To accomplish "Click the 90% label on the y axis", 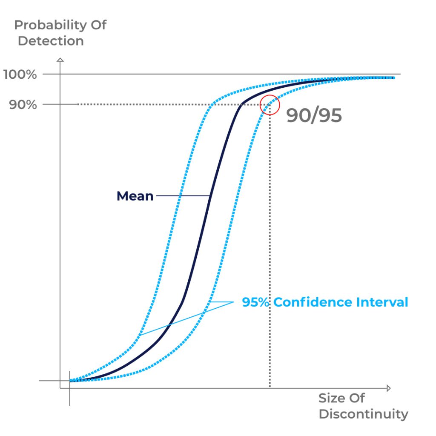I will click(23, 105).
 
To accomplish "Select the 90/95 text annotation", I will click(314, 115).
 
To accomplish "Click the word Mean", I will click(135, 196).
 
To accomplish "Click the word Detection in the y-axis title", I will click(51, 41).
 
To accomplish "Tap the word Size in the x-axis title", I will click(332, 398).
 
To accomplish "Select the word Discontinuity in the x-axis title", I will click(363, 414).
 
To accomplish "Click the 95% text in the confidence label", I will click(256, 302).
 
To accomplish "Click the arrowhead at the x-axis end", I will click(388, 388).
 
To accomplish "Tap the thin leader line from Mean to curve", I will click(182, 196).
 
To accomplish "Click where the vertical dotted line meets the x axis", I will click(270, 388).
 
